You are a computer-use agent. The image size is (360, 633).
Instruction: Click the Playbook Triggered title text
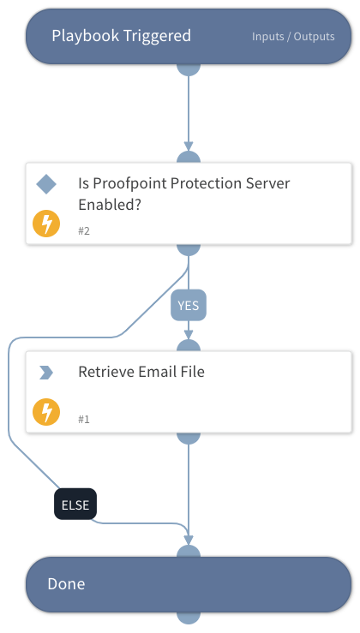coord(121,36)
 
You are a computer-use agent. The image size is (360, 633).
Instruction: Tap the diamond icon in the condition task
coord(46,184)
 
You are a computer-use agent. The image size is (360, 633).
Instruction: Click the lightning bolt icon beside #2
coord(46,224)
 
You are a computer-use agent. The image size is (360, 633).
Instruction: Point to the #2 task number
coord(84,231)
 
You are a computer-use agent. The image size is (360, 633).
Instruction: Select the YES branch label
coord(189,305)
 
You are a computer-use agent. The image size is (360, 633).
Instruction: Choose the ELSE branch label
coord(75,505)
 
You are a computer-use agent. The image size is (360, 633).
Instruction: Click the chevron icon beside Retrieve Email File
coord(46,373)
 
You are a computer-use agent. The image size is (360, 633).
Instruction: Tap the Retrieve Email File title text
coord(141,373)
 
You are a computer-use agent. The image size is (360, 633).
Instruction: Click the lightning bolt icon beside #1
coord(46,413)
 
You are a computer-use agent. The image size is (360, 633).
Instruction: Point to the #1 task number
coord(84,420)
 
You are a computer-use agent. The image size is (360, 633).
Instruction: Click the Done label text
coord(66,584)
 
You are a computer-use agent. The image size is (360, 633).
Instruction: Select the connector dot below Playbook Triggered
coord(189,69)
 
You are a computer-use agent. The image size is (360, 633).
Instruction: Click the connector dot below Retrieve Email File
coord(189,438)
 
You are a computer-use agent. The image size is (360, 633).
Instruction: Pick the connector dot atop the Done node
coord(189,552)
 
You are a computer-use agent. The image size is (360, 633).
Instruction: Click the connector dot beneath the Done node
coord(189,616)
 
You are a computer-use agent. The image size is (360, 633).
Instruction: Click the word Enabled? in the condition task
coord(110,206)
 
